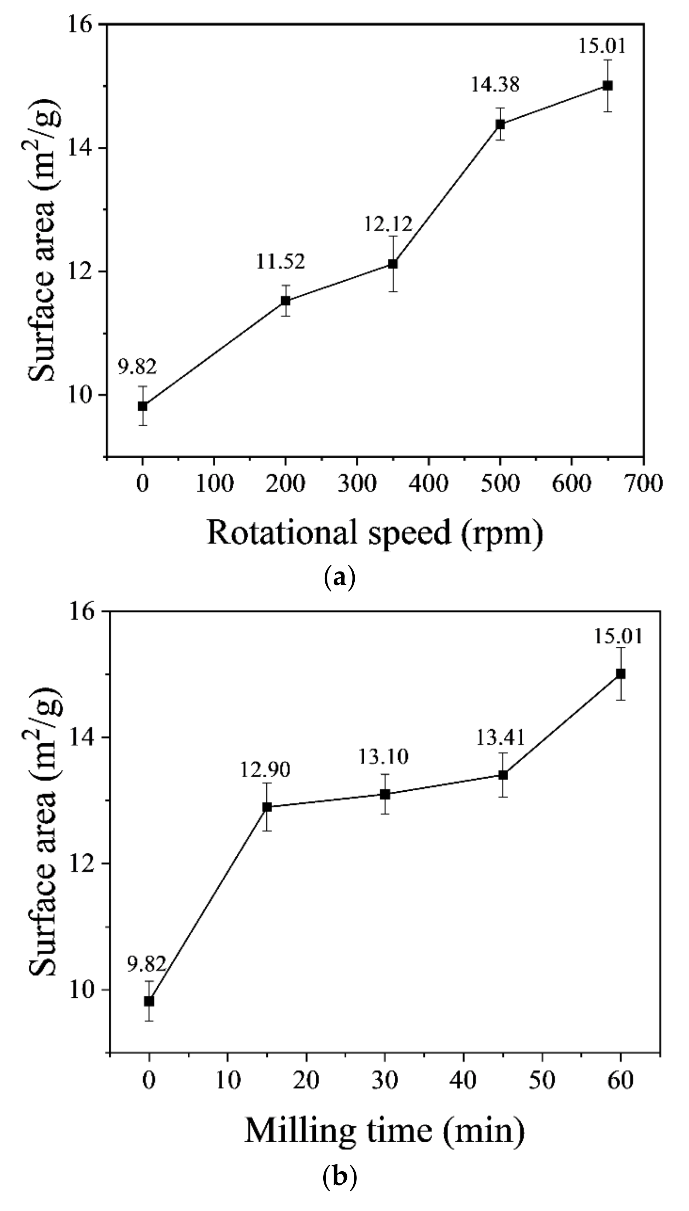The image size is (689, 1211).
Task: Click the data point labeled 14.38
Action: [500, 125]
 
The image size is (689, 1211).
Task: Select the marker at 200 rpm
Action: [285, 301]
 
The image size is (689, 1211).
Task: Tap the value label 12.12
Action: [388, 223]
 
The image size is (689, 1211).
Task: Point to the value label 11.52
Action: [280, 261]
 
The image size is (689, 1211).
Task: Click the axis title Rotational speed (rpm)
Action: [374, 533]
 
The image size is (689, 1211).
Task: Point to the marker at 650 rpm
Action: [608, 85]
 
